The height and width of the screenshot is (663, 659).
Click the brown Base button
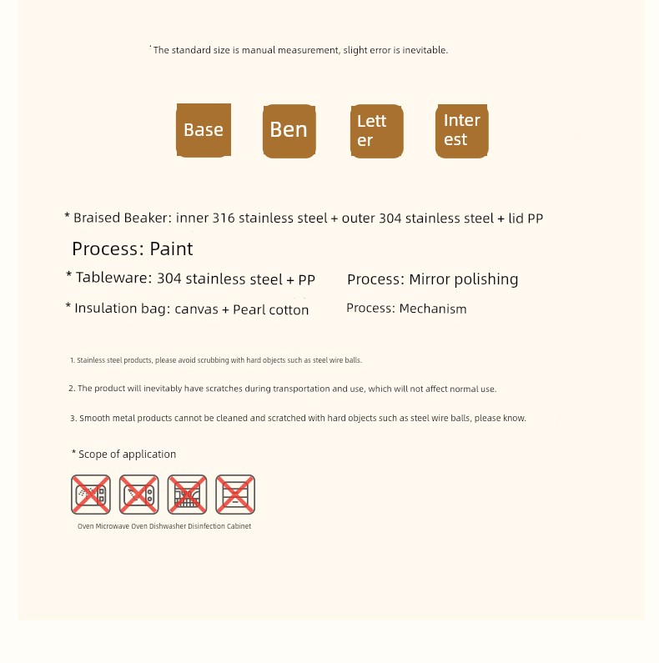204,130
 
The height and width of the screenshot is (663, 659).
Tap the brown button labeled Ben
289,130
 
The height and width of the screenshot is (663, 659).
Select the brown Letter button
376,131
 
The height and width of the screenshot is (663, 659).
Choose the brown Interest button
461,131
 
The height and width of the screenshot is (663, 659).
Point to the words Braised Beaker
122,218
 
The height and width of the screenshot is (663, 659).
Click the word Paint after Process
171,249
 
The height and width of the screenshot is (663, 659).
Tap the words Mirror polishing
463,279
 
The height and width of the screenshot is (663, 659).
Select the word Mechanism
433,309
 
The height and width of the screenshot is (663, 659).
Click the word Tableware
113,279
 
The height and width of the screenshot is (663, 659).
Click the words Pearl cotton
270,309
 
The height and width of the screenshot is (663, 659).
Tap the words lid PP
526,218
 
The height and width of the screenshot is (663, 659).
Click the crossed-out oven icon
91,495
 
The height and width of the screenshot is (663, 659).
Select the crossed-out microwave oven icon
138,495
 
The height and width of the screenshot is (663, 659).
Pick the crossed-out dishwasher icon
187,495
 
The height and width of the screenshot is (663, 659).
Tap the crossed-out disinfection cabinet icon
235,495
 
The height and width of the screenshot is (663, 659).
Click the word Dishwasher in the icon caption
168,526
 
